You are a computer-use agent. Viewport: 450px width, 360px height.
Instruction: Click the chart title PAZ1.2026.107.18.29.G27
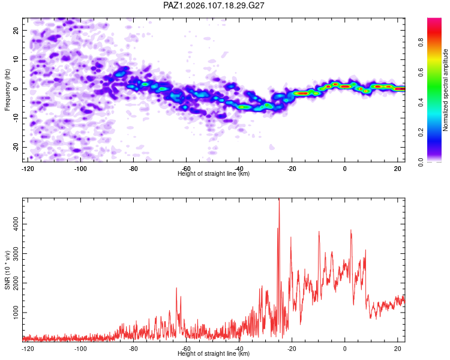click(x=214, y=5)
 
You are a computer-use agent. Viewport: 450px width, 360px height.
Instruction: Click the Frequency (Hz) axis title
click(x=7, y=90)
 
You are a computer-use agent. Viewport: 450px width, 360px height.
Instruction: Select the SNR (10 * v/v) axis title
click(x=7, y=270)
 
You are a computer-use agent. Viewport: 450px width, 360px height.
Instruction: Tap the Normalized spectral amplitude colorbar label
click(x=445, y=90)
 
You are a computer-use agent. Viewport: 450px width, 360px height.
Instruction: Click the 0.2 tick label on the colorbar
click(x=421, y=133)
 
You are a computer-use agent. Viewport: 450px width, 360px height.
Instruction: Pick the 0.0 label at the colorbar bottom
click(x=421, y=162)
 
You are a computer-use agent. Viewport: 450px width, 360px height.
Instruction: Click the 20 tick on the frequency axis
click(x=16, y=30)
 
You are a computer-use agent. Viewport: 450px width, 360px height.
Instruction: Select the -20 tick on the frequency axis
click(x=16, y=147)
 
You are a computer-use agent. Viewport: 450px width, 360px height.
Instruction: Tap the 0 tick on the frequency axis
click(x=16, y=89)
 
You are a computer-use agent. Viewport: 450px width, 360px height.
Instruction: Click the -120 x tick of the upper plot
click(x=28, y=169)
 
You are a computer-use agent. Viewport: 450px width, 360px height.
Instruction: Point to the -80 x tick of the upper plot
click(x=133, y=169)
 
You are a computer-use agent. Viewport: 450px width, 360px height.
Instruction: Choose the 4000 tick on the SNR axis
click(x=16, y=224)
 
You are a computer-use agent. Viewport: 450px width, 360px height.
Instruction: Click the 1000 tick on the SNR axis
click(x=16, y=313)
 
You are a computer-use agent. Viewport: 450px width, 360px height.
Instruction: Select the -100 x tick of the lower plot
click(x=80, y=349)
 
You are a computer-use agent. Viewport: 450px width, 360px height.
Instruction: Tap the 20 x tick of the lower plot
click(x=397, y=349)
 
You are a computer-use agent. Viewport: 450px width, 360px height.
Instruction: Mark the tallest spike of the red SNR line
click(x=279, y=199)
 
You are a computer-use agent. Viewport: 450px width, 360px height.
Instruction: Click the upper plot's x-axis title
click(x=214, y=173)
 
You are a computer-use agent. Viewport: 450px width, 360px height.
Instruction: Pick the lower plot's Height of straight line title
click(x=214, y=353)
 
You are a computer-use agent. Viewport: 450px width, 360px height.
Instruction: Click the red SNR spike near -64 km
click(x=176, y=288)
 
